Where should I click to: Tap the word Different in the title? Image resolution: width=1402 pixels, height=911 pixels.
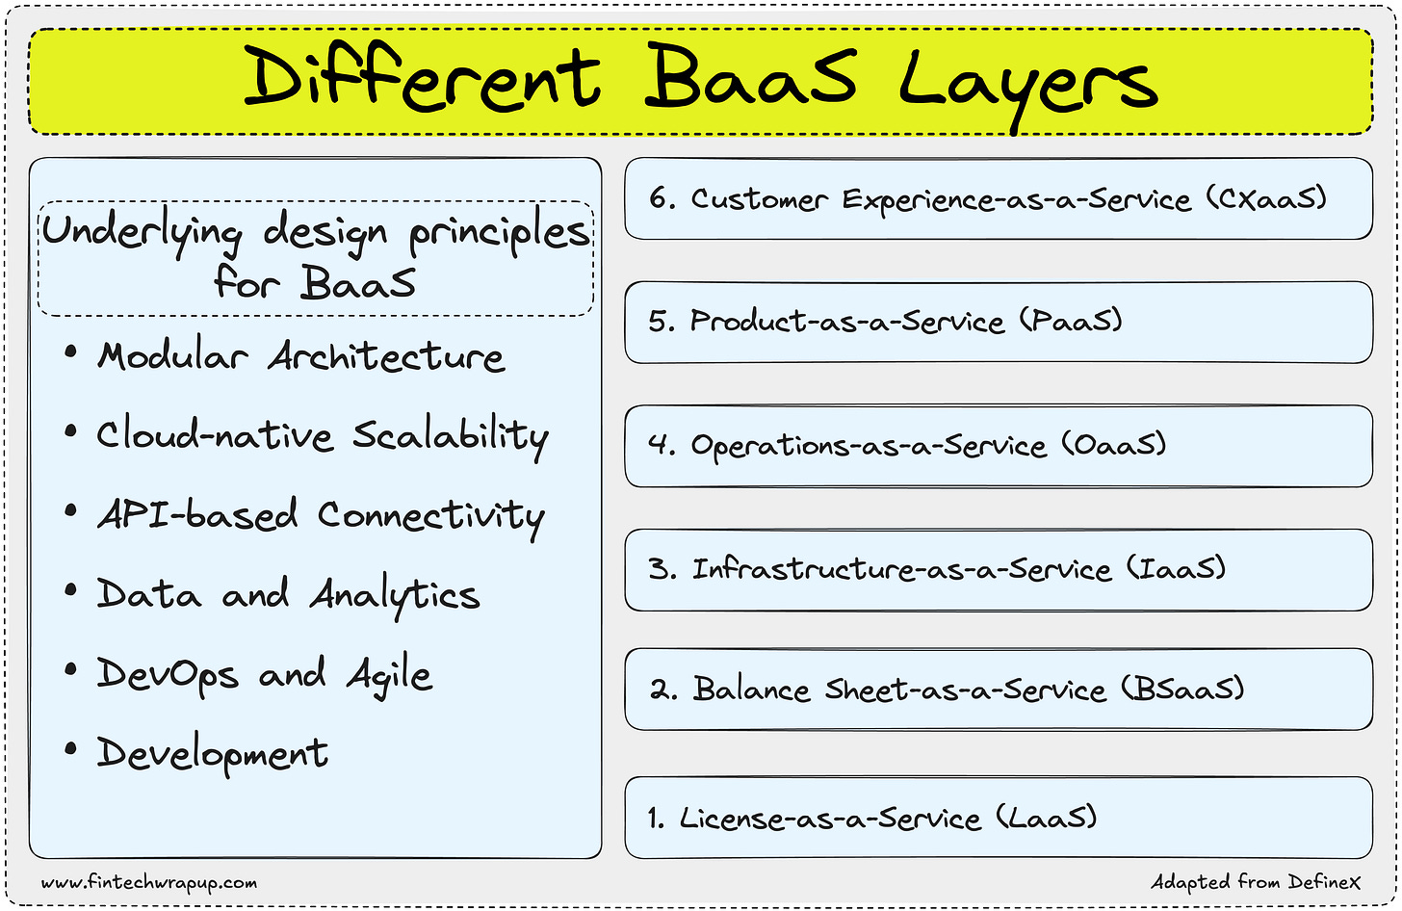[x=422, y=77]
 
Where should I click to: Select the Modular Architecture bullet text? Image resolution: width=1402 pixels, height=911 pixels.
[x=300, y=357]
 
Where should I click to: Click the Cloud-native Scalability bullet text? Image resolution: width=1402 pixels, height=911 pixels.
[x=322, y=436]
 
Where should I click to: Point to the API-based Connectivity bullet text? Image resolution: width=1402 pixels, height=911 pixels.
[x=320, y=516]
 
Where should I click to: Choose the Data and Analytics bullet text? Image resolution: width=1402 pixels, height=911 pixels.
[x=288, y=595]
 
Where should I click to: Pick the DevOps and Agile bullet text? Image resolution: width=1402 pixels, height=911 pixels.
[x=264, y=674]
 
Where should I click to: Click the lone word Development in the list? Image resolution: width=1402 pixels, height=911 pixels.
[x=212, y=753]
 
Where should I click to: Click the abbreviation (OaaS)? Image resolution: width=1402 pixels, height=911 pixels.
[x=1114, y=445]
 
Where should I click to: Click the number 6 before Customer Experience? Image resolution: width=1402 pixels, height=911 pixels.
[x=658, y=198]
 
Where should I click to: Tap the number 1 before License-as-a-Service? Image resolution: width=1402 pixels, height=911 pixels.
[x=655, y=819]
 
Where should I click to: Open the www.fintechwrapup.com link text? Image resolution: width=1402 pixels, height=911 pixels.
[x=149, y=882]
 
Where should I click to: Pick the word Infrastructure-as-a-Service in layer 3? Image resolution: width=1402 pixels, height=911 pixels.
[x=901, y=569]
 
